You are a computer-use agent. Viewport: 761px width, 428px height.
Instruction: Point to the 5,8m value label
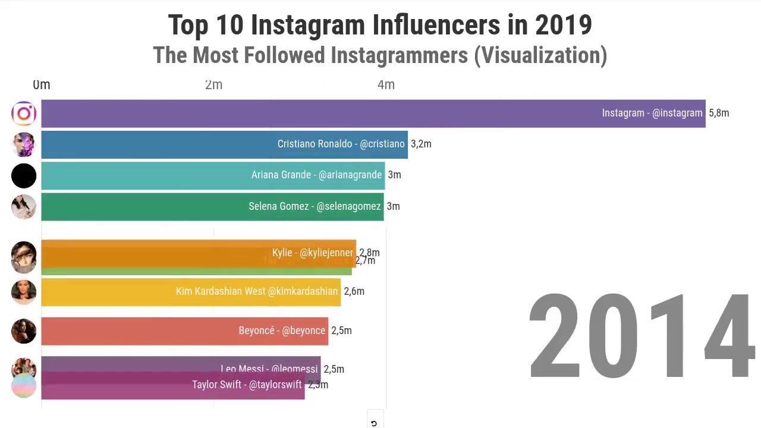719,113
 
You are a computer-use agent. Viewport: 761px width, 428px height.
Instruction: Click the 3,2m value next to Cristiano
421,144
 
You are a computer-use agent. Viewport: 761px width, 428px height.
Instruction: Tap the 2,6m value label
354,291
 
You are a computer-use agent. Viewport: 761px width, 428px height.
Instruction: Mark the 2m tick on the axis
213,85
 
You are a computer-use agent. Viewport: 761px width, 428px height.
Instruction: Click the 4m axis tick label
386,85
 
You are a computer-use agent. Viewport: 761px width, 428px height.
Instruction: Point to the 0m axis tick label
42,85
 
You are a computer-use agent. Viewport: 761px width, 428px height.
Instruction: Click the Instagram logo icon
24,114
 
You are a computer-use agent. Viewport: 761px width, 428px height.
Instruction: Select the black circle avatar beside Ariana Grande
24,176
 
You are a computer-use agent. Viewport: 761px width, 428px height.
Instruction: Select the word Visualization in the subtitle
543,55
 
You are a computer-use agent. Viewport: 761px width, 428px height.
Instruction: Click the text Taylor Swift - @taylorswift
247,385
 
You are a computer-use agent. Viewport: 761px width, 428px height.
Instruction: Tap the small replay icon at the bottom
374,423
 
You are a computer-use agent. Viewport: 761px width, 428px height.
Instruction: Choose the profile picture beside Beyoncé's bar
24,331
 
